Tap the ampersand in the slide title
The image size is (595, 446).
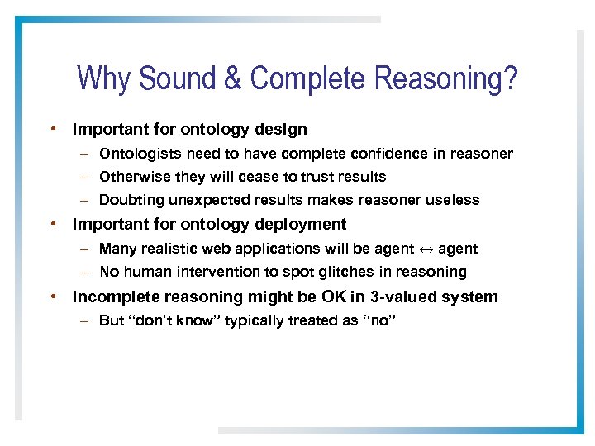[231, 79]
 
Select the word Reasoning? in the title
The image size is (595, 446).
[446, 79]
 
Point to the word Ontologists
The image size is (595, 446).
[140, 154]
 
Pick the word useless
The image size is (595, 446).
[454, 200]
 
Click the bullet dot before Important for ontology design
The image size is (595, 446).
[52, 130]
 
